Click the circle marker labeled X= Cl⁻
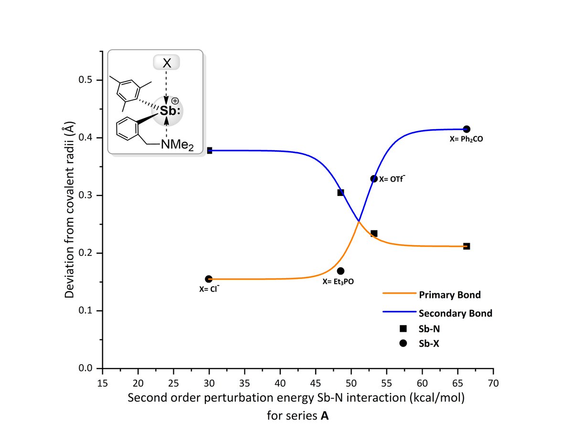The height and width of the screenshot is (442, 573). pos(209,279)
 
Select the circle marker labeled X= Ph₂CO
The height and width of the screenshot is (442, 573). pos(467,129)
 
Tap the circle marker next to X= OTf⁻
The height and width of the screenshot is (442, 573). pos(374,179)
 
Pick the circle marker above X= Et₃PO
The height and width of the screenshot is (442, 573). pos(340,271)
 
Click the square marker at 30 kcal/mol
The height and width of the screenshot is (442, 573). pos(209,151)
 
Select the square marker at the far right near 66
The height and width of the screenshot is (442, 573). pos(467,246)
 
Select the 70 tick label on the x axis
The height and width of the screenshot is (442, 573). pos(493,383)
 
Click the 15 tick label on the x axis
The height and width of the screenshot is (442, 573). pos(103,383)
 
